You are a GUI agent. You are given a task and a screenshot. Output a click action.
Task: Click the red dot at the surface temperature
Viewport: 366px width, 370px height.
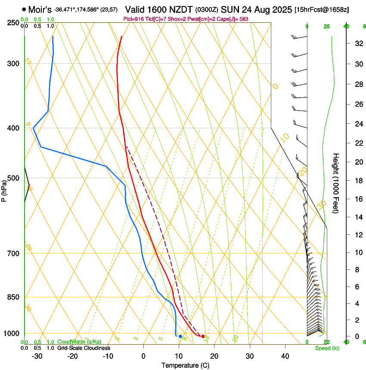click(203, 336)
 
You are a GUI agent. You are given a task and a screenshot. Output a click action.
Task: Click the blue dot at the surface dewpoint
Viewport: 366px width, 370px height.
click(180, 336)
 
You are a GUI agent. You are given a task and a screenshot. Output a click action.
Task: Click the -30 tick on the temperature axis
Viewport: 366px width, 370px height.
click(37, 356)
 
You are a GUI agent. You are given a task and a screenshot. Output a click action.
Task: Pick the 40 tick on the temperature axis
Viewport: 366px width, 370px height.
click(285, 356)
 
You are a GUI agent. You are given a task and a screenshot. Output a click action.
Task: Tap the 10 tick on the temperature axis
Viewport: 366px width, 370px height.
click(179, 356)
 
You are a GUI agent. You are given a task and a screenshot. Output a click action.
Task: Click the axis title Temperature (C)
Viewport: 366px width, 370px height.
click(185, 365)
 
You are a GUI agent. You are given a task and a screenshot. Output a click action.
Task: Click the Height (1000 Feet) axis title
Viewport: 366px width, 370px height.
click(336, 183)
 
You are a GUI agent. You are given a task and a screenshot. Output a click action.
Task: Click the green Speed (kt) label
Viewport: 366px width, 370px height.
click(325, 348)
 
